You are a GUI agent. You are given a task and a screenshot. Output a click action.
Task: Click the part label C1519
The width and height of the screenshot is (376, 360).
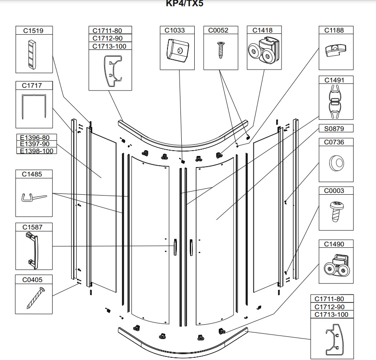point(33,31)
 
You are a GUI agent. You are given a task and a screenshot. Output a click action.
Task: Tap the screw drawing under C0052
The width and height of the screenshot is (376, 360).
point(221,50)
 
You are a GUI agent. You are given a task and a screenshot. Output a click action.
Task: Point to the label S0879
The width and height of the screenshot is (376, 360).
point(334,129)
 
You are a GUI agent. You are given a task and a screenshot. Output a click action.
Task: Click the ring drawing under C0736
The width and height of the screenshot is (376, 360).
point(336,163)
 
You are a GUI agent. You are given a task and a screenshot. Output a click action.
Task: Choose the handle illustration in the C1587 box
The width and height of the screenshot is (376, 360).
point(33,251)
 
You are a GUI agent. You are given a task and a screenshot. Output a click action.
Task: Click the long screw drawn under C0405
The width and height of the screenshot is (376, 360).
point(36,298)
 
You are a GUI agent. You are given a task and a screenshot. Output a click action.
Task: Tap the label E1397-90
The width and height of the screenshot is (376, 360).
point(35,144)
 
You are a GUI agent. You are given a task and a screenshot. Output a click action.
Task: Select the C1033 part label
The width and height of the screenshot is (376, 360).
point(175,30)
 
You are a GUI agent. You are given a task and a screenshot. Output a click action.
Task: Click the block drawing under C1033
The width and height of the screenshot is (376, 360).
point(178,50)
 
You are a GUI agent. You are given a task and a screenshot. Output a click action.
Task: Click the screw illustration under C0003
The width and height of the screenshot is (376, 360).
point(336,211)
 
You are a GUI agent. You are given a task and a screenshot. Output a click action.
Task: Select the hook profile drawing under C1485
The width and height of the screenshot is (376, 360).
point(34,197)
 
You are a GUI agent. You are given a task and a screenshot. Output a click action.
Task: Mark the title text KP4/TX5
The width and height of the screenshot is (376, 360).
point(184,4)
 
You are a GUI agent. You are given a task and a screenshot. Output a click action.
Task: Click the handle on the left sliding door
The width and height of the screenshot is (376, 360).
point(175,247)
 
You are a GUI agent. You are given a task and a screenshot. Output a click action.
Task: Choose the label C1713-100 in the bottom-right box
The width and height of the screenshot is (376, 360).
point(331,315)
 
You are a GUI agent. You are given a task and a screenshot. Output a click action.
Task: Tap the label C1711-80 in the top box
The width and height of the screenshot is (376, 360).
point(107,31)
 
